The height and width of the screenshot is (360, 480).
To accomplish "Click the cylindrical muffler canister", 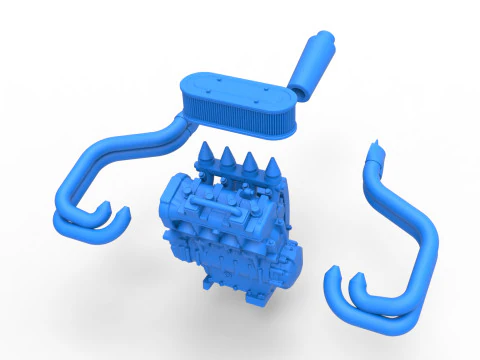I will (x=314, y=62).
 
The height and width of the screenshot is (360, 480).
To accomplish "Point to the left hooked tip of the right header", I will (x=334, y=277).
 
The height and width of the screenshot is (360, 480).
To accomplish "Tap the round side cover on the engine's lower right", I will (x=286, y=266).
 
